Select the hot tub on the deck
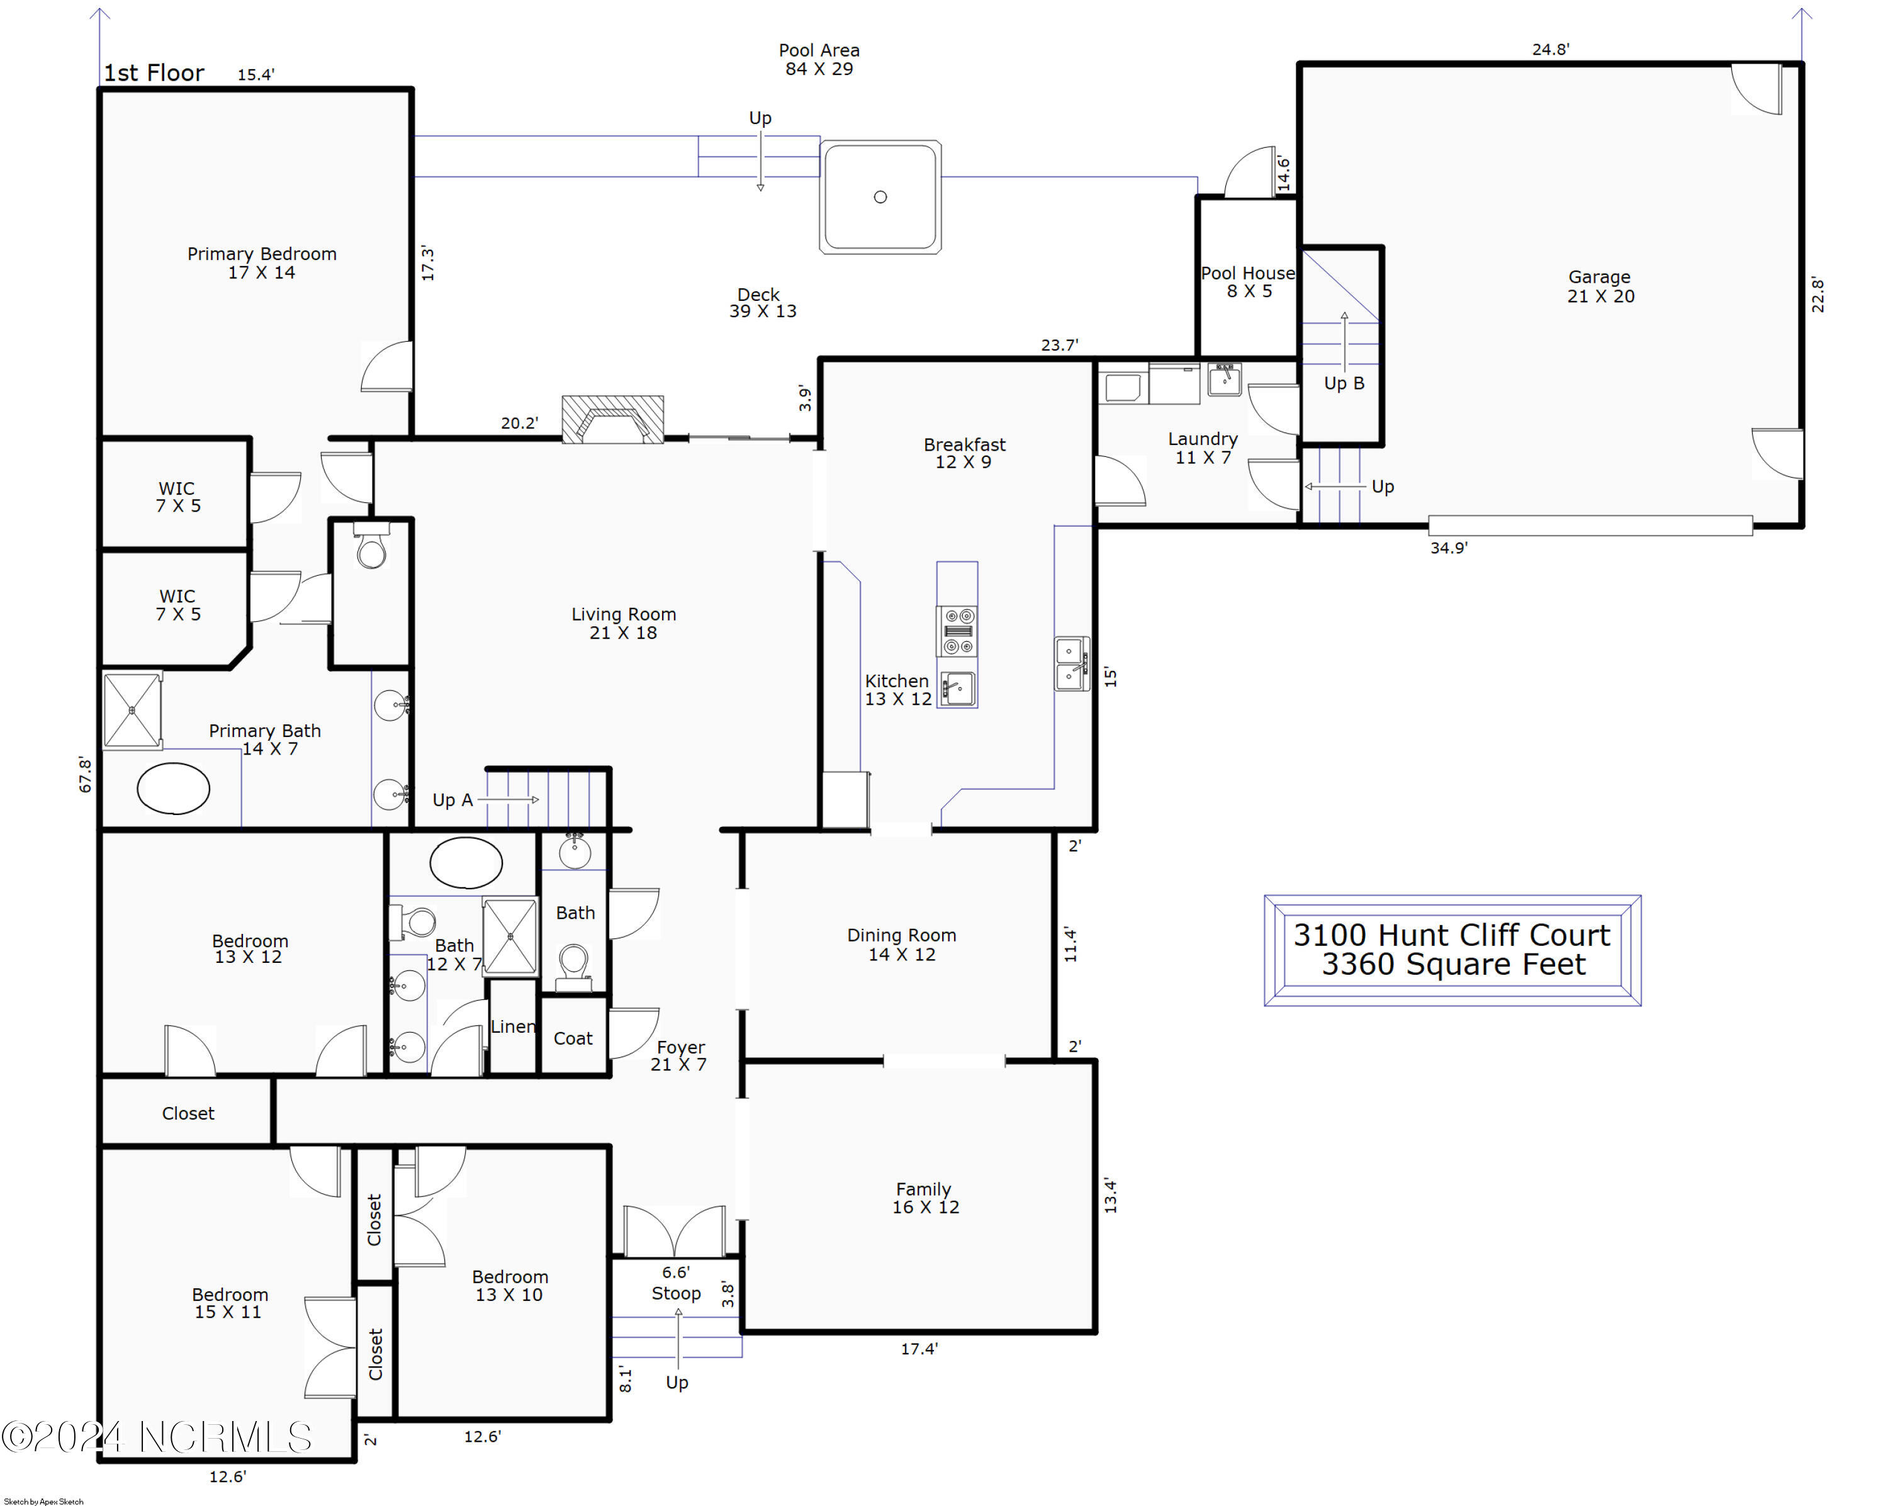880,197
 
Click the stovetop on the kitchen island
957,631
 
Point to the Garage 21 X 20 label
1600,286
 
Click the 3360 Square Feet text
1453,964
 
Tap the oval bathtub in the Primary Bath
174,788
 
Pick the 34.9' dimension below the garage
1448,548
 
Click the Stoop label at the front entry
676,1293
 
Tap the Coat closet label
573,1038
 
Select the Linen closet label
513,1026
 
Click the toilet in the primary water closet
371,550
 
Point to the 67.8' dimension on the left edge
85,774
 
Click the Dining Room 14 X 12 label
901,945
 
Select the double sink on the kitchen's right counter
1070,664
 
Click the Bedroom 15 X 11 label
230,1303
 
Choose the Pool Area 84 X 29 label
819,60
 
